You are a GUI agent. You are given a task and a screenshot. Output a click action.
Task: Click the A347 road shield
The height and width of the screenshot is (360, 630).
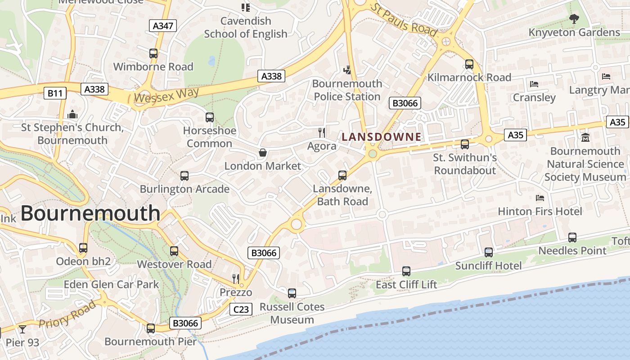pyautogui.click(x=163, y=26)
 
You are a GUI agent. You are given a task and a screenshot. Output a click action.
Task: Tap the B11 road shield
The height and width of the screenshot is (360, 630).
pyautogui.click(x=55, y=93)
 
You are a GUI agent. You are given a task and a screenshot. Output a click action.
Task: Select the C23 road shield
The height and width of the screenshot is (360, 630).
pyautogui.click(x=241, y=309)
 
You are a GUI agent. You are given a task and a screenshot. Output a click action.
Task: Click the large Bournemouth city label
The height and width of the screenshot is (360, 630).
pyautogui.click(x=90, y=213)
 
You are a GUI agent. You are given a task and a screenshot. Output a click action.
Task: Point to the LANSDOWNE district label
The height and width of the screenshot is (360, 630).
pyautogui.click(x=382, y=137)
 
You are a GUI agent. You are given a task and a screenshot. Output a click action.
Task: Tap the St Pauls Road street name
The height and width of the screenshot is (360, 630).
pyautogui.click(x=404, y=20)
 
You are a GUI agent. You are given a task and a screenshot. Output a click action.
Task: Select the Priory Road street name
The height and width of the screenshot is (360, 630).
pyautogui.click(x=67, y=315)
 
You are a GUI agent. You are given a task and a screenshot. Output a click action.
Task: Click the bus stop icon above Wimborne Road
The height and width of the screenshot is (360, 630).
pyautogui.click(x=153, y=54)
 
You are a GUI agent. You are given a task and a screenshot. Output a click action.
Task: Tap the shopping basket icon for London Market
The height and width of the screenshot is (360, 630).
pyautogui.click(x=263, y=153)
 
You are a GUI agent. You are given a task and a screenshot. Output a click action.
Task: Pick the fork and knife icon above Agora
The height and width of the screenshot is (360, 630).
pyautogui.click(x=322, y=132)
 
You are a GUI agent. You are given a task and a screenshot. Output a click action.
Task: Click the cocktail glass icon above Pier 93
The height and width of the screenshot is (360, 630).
pyautogui.click(x=22, y=329)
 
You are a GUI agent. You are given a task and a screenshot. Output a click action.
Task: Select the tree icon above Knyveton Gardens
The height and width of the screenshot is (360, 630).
pyautogui.click(x=574, y=18)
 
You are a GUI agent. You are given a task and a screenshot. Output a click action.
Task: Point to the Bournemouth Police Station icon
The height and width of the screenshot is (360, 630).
pyautogui.click(x=347, y=70)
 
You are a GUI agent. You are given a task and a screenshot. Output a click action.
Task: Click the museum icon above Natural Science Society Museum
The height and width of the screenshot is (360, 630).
pyautogui.click(x=585, y=137)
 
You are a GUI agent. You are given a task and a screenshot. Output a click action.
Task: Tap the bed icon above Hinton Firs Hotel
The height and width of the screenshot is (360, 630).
pyautogui.click(x=540, y=198)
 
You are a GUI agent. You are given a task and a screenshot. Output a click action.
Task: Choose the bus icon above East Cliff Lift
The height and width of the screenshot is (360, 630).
pyautogui.click(x=406, y=271)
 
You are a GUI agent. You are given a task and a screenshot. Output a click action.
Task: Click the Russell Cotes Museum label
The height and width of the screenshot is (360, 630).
pyautogui.click(x=292, y=313)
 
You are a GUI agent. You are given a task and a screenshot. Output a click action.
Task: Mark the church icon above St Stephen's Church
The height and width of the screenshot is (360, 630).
pyautogui.click(x=72, y=114)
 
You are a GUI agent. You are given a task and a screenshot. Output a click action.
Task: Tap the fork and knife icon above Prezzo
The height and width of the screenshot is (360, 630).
pyautogui.click(x=235, y=279)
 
